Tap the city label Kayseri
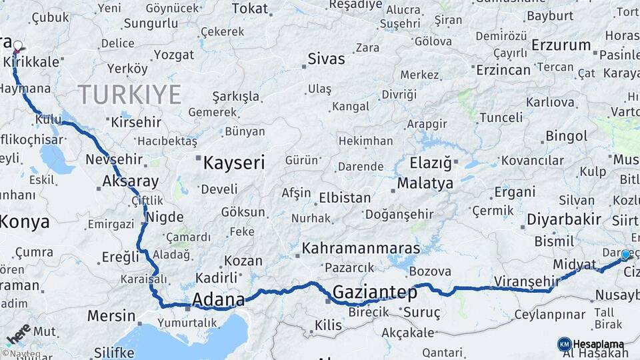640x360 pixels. [234, 163]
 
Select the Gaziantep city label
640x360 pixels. [375, 292]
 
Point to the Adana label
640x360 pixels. [218, 300]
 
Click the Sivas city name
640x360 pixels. [326, 59]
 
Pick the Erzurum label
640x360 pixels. [561, 45]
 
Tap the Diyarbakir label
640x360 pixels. [564, 219]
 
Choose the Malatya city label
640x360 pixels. [425, 183]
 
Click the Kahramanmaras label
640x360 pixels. [361, 249]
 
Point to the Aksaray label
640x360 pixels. [131, 181]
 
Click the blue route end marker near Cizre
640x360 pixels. [625, 255]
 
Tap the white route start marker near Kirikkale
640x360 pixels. [18, 46]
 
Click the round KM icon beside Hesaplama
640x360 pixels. [564, 344]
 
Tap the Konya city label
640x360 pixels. [25, 222]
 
